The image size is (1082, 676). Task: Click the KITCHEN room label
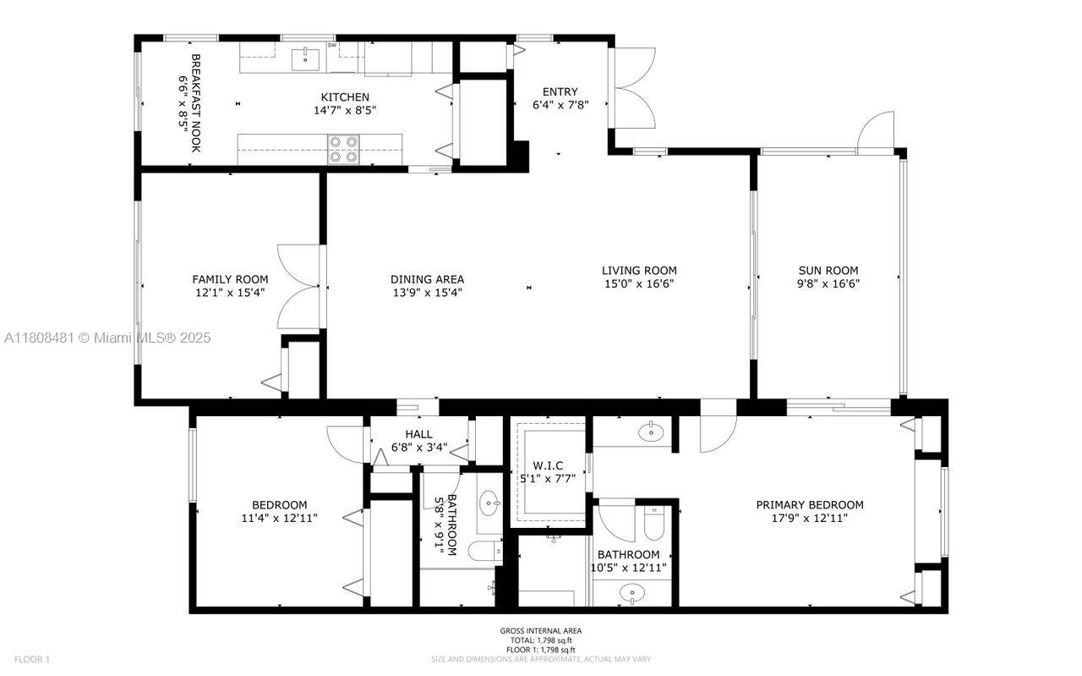pos(344,97)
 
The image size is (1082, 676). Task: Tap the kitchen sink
pos(305,59)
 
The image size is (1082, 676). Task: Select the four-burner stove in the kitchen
pos(343,149)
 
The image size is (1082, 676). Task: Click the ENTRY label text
pos(560,92)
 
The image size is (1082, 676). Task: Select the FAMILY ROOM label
pos(230,279)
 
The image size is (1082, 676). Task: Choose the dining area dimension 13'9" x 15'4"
pos(427,293)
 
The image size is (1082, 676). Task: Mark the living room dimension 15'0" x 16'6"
pos(639,284)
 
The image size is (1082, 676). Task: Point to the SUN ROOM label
pos(828,271)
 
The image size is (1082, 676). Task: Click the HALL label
pos(418,434)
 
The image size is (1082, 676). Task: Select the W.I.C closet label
pos(547,465)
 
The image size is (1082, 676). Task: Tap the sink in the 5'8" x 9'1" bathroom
pos(489,505)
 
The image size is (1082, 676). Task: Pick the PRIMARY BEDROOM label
pos(809,505)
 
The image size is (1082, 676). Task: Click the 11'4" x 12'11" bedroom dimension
pos(278,519)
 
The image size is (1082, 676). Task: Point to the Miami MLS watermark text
pos(107,338)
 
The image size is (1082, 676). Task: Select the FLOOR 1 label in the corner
pos(32,659)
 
